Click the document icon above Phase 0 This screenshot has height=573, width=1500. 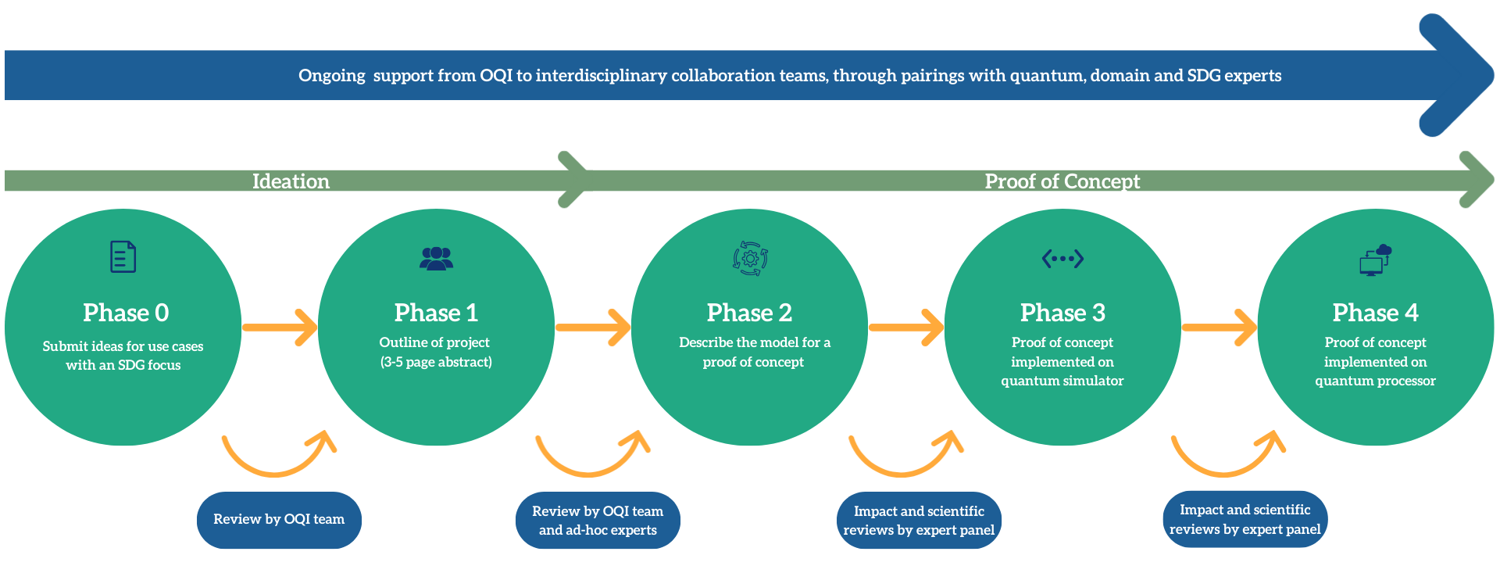tap(123, 256)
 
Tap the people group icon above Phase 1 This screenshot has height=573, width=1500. tap(436, 258)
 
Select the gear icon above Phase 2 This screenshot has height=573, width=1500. tap(750, 258)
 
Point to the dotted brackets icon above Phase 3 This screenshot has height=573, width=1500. tap(1062, 258)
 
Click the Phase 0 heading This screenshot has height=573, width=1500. tap(126, 313)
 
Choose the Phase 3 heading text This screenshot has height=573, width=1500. tap(1062, 313)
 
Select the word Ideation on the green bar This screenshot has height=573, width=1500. tap(291, 181)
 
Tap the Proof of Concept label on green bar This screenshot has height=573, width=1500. tap(1062, 181)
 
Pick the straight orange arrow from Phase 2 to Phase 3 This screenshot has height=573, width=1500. tap(906, 328)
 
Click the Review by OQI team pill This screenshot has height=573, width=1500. tap(279, 520)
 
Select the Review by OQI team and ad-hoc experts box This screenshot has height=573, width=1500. tap(598, 521)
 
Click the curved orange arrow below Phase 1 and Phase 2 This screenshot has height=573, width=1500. tap(591, 457)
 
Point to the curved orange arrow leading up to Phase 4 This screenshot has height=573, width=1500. tap(1227, 457)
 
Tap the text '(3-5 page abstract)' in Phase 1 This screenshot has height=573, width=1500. tap(436, 362)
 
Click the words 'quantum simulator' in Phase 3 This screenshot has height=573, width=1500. tap(1062, 381)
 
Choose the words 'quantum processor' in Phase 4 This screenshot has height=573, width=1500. tap(1375, 381)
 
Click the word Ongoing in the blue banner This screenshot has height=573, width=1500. tap(332, 76)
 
